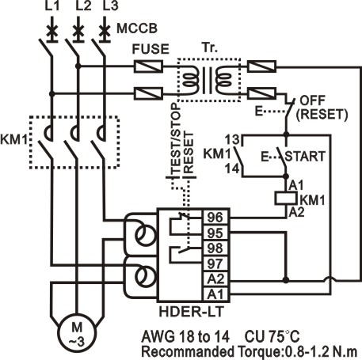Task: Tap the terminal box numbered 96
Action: click(x=215, y=218)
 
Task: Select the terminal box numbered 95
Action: click(x=215, y=233)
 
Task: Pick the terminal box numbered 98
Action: click(x=215, y=248)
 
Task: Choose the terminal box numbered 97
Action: click(x=215, y=263)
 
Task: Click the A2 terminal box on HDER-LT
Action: click(x=215, y=279)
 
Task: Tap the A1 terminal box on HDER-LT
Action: click(x=215, y=294)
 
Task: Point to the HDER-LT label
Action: click(x=192, y=311)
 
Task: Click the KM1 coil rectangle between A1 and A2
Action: click(x=286, y=199)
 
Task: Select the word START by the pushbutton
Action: click(x=305, y=156)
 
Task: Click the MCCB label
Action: click(x=137, y=28)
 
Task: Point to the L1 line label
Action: click(x=52, y=6)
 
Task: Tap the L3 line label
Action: click(x=110, y=6)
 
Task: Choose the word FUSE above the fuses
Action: click(x=151, y=49)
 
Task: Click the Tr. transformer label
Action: click(x=211, y=47)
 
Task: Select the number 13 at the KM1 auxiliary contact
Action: click(x=232, y=139)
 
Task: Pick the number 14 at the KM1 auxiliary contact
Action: click(x=232, y=169)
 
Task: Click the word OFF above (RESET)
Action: click(x=313, y=100)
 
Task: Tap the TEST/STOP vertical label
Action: click(x=176, y=138)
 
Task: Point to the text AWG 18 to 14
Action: click(x=185, y=336)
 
